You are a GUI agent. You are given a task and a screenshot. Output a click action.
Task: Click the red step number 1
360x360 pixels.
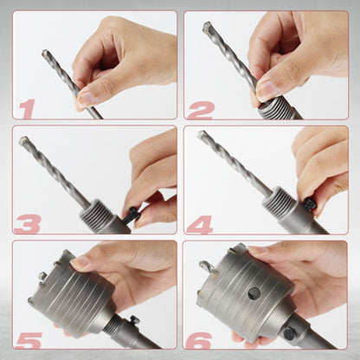click(x=28, y=108)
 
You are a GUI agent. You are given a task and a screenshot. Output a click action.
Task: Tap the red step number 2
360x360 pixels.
click(x=200, y=108)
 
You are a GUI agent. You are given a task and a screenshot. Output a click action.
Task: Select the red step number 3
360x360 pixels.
click(x=28, y=223)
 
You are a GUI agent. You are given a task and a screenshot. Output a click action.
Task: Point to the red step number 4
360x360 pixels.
click(x=201, y=223)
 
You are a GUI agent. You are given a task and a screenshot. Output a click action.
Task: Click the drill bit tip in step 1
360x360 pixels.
click(x=46, y=54)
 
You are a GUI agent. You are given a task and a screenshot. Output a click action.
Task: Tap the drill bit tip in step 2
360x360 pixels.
click(x=208, y=28)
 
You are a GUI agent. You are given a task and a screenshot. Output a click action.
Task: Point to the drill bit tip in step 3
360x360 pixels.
click(x=25, y=141)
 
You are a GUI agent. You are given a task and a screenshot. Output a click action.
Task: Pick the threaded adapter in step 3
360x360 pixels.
click(x=97, y=214)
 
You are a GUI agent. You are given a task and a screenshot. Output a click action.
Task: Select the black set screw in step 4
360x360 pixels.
click(x=309, y=204)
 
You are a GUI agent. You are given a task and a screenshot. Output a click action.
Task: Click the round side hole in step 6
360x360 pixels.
click(x=254, y=292)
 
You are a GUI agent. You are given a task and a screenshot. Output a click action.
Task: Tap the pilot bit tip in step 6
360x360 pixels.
click(x=204, y=266)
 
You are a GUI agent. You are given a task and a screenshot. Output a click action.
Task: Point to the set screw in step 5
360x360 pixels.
click(x=133, y=321)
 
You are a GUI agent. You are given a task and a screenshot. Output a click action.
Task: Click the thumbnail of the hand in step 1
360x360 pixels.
click(x=87, y=99)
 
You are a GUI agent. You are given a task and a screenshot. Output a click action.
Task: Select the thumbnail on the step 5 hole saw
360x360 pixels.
click(x=79, y=260)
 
